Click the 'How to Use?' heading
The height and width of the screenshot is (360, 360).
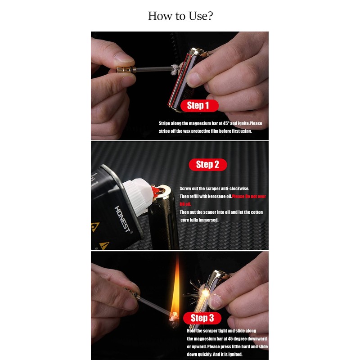[x=180, y=16]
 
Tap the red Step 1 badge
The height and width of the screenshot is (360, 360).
[x=198, y=106]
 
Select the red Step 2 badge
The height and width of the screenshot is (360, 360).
[x=207, y=165]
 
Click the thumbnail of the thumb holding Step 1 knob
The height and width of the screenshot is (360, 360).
[x=122, y=58]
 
